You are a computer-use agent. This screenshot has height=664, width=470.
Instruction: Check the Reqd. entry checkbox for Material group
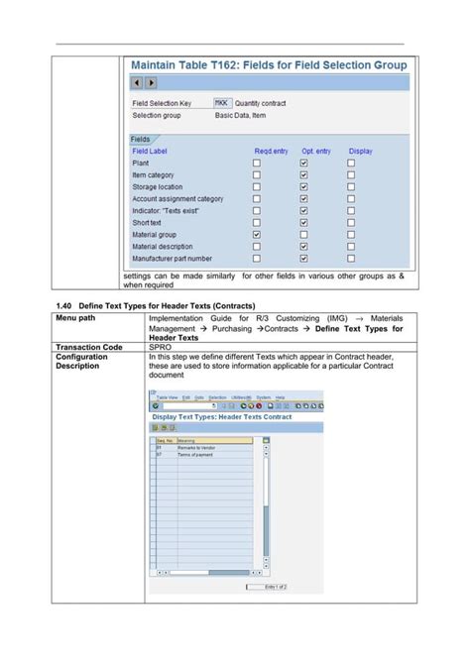257,235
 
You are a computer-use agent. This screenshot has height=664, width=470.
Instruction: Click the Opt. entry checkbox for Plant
304,163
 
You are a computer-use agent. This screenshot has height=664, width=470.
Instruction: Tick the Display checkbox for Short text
351,223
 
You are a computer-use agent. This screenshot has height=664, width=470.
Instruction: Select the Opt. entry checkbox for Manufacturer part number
304,259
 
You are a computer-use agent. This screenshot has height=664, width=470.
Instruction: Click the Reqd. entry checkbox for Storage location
257,186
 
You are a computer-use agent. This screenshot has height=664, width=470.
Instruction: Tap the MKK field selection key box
223,102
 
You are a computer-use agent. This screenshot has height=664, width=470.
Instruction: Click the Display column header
360,151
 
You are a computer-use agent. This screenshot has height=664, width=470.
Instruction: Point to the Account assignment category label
177,199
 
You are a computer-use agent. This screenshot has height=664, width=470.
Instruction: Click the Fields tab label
141,140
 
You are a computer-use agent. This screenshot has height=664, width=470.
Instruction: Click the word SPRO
160,348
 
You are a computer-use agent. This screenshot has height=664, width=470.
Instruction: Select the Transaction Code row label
89,348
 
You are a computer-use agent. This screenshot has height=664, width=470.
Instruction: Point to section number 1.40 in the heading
64,305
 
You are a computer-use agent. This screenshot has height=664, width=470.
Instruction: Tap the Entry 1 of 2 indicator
276,586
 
